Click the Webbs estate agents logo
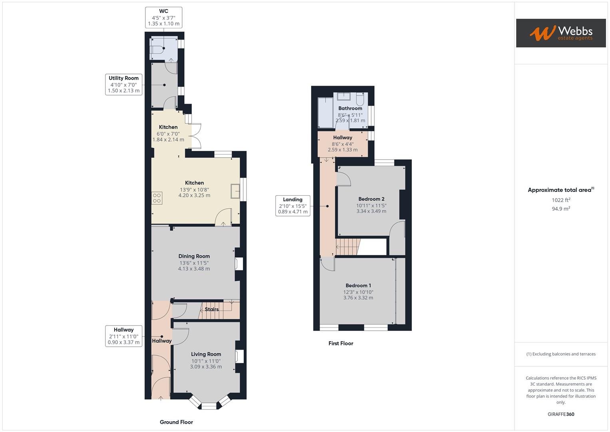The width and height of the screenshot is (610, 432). [x=560, y=33]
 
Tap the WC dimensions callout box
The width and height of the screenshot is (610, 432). [x=163, y=18]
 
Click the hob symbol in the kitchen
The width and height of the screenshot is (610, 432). [x=157, y=198]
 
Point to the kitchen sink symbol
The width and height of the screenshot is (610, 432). [x=235, y=192]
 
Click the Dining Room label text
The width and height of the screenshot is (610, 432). [x=194, y=256]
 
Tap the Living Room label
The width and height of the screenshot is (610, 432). [x=206, y=354]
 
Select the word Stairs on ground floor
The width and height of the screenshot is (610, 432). [x=211, y=309]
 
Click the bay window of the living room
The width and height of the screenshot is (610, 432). [x=208, y=405]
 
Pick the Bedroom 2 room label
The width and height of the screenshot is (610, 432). [x=371, y=199]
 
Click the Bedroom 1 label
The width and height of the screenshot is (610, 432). [x=358, y=286]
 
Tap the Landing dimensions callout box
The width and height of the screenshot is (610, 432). [x=293, y=206]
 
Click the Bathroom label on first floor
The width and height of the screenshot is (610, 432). [x=350, y=108]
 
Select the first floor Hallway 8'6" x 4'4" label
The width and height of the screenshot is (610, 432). [x=342, y=143]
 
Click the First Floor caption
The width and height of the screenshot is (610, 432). [x=341, y=343]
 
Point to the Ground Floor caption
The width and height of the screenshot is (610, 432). [x=176, y=422]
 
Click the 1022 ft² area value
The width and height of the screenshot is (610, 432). [x=561, y=200]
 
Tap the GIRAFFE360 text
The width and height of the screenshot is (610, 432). [x=561, y=414]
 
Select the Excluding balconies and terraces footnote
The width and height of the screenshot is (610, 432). [x=561, y=354]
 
